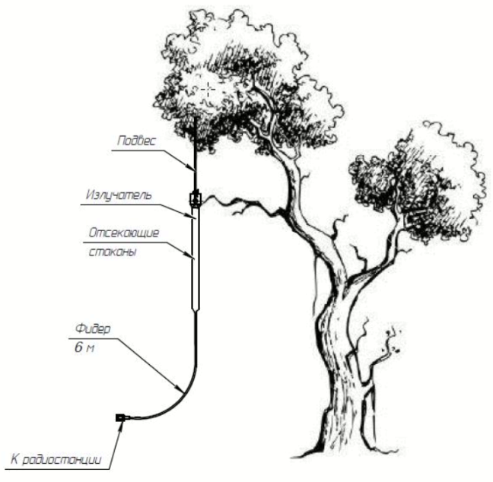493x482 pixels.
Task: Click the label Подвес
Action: [136, 141]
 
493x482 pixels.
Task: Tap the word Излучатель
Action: [119, 195]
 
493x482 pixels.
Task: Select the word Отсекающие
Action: [123, 233]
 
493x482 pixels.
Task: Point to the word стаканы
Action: [113, 252]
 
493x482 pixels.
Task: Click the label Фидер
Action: [93, 329]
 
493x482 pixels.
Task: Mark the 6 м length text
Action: [84, 347]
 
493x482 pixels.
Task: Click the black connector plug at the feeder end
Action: [120, 417]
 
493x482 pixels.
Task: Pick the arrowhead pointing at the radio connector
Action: [119, 426]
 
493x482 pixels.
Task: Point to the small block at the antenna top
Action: [195, 199]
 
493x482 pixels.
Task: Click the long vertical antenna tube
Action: [196, 258]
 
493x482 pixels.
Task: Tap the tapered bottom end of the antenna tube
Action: [196, 311]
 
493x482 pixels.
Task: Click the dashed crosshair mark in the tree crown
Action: [208, 90]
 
